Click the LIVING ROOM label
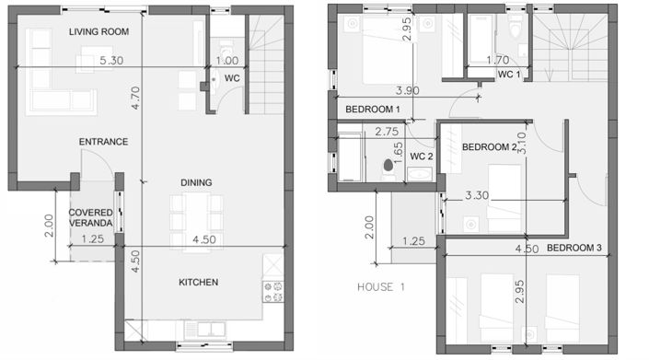[x=99, y=32]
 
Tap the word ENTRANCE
[x=103, y=142]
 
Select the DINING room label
[x=196, y=182]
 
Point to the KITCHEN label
[x=198, y=282]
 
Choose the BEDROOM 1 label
[x=372, y=110]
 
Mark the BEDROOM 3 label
[x=574, y=249]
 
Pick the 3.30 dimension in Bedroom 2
[x=478, y=195]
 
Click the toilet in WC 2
[x=388, y=169]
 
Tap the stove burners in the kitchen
[x=272, y=292]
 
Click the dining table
[x=196, y=213]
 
